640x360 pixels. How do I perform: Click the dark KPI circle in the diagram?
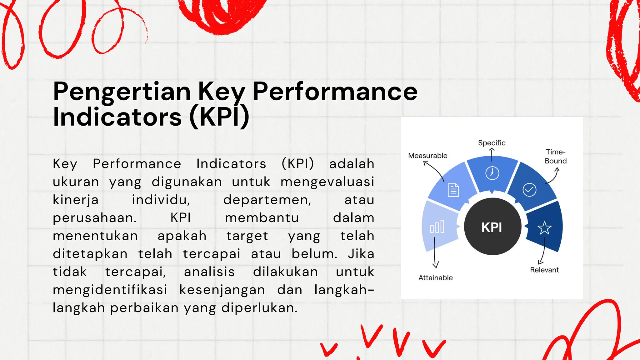point(492,227)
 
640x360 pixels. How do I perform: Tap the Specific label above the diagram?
point(492,143)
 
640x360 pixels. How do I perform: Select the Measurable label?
point(427,156)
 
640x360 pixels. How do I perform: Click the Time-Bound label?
point(555,156)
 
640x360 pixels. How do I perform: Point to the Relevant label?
point(544,270)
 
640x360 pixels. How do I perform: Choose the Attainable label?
point(435,277)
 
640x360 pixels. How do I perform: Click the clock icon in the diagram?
point(492,173)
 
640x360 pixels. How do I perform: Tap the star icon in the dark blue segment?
point(544,228)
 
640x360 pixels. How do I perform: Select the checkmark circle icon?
point(529,190)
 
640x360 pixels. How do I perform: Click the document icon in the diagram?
point(453,190)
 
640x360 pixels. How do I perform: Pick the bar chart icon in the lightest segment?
point(437,227)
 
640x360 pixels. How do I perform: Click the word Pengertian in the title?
point(122,92)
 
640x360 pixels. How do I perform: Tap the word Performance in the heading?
point(335,92)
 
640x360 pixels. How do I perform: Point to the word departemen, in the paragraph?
point(267,200)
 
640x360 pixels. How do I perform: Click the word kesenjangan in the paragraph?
point(222,290)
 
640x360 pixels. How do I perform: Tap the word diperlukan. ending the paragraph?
point(259,308)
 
